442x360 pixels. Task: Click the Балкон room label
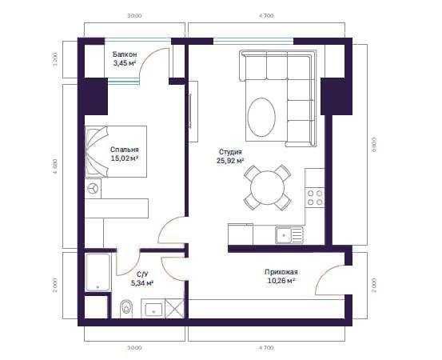(x=125, y=54)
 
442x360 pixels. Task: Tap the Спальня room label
(x=125, y=150)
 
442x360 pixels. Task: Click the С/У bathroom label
(x=141, y=274)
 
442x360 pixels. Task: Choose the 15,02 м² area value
(x=125, y=158)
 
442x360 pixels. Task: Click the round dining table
(x=267, y=187)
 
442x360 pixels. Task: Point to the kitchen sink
(x=289, y=234)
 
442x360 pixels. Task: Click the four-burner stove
(x=315, y=197)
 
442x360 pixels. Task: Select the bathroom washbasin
(x=153, y=309)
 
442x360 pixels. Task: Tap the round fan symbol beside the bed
(x=94, y=189)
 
